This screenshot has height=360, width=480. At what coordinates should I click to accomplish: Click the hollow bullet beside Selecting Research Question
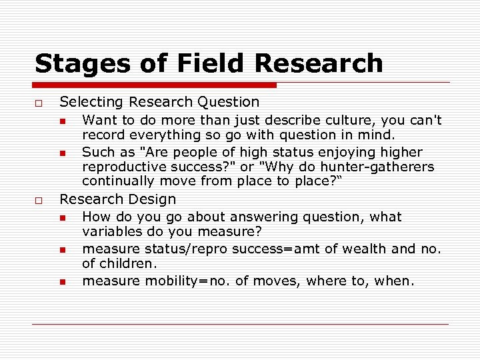pyautogui.click(x=39, y=103)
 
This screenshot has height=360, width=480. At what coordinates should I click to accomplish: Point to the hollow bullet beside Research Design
pyautogui.click(x=39, y=200)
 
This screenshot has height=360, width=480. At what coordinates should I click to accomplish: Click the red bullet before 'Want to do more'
pyautogui.click(x=62, y=121)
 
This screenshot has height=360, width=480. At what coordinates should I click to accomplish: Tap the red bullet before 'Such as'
pyautogui.click(x=62, y=153)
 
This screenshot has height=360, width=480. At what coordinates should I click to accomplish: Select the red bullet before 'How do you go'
pyautogui.click(x=62, y=217)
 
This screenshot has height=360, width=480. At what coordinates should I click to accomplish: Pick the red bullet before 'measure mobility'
pyautogui.click(x=62, y=282)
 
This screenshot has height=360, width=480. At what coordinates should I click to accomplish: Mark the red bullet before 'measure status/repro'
pyautogui.click(x=62, y=250)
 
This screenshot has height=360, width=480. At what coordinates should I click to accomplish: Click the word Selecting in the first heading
pyautogui.click(x=92, y=102)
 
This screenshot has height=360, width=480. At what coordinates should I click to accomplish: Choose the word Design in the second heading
pyautogui.click(x=153, y=199)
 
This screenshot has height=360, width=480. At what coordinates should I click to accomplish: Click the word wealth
pyautogui.click(x=359, y=249)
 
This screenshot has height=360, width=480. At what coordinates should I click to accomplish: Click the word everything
pyautogui.click(x=149, y=134)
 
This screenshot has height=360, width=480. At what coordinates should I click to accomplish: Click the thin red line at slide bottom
pyautogui.click(x=240, y=324)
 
